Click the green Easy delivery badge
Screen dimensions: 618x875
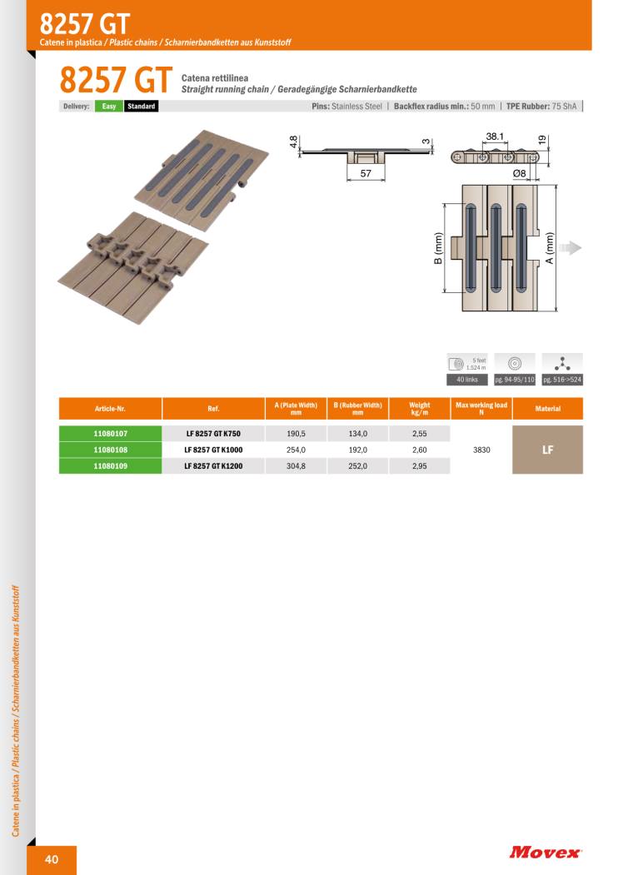coord(109,106)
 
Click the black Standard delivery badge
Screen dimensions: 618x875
coord(142,106)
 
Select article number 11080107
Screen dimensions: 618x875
coord(111,434)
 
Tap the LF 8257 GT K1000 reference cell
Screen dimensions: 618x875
coord(213,450)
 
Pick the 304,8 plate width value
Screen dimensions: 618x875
coord(296,466)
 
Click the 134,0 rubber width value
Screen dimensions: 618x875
coord(358,434)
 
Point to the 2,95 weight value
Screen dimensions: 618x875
coord(419,466)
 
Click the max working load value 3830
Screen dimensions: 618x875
coord(481,450)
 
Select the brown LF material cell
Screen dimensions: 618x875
coord(548,450)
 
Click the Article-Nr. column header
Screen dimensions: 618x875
coord(111,409)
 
